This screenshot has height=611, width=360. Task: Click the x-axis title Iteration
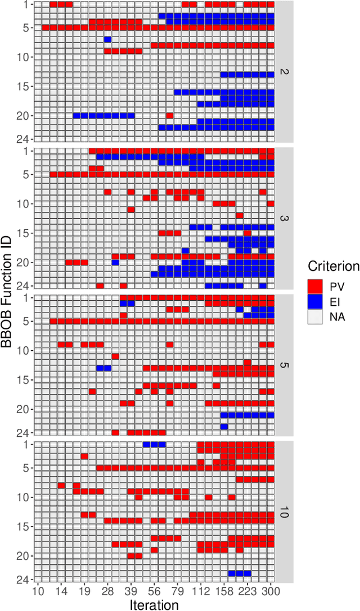(154, 604)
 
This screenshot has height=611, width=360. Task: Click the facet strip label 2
(284, 72)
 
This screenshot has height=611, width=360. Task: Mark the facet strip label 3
(284, 218)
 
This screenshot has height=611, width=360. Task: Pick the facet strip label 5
(284, 365)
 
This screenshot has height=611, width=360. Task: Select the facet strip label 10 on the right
(284, 512)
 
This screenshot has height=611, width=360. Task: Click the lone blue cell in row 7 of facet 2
(107, 39)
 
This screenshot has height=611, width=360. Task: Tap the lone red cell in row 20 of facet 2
(169, 116)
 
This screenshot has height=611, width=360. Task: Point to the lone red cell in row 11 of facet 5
(115, 356)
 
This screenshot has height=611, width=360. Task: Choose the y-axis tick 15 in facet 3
(26, 233)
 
